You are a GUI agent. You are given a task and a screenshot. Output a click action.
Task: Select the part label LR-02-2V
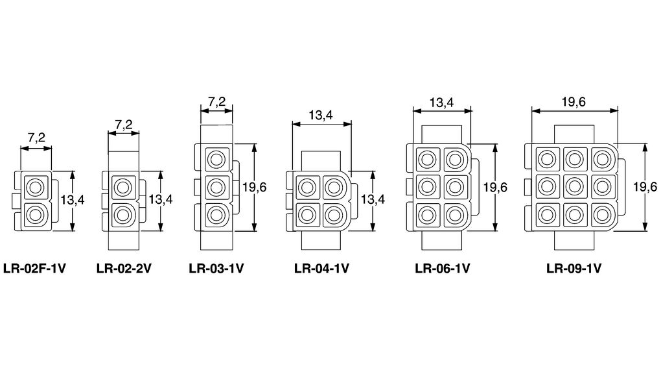tap(124, 267)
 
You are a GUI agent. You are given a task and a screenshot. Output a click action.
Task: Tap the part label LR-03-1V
tap(216, 267)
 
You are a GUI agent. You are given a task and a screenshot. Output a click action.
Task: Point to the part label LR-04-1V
tap(321, 267)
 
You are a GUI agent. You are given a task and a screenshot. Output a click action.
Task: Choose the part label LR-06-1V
tap(442, 267)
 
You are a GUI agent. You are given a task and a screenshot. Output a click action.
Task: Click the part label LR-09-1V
tap(574, 267)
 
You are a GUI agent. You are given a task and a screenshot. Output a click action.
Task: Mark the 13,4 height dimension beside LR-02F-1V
tap(73, 201)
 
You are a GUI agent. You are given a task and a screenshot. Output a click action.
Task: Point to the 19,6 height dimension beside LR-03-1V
tap(254, 187)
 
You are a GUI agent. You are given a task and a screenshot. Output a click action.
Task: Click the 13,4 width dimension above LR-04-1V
tap(321, 115)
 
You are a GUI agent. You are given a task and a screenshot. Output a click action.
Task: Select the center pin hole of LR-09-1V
tap(574, 187)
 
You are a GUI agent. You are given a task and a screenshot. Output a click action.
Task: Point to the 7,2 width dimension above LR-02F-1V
tap(36, 138)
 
